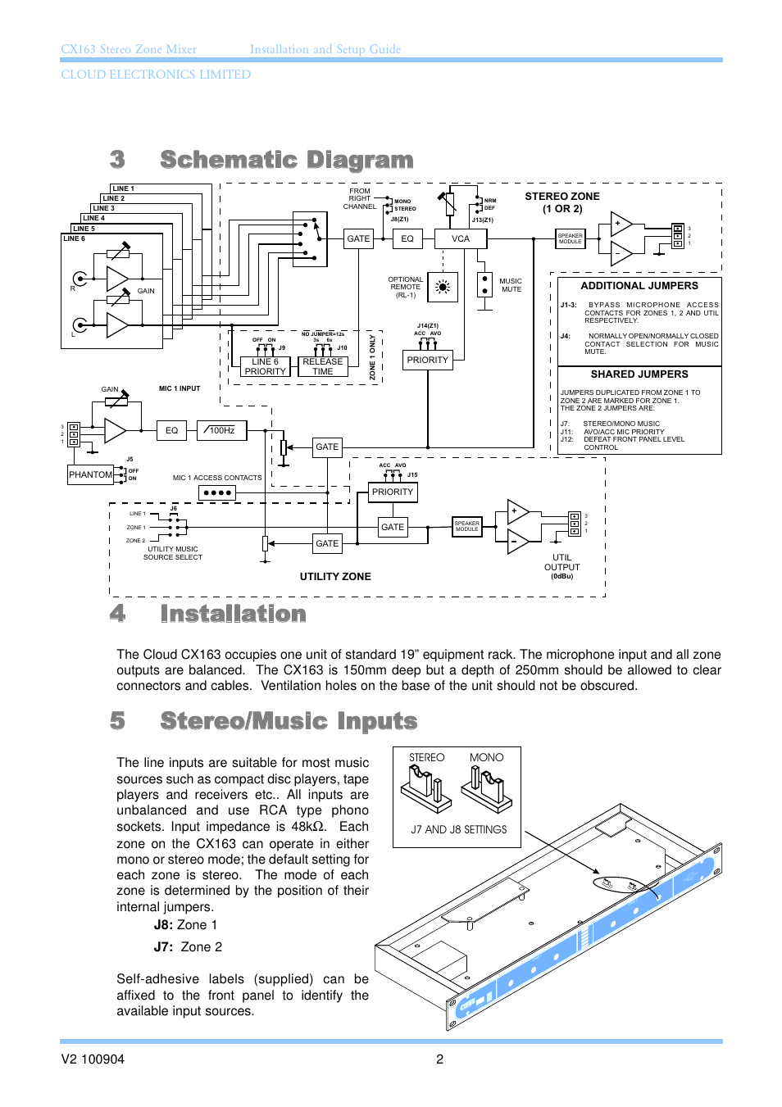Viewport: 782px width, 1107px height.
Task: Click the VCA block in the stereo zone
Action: point(461,238)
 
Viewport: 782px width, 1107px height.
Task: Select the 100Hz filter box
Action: point(221,430)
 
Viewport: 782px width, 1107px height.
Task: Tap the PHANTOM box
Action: point(90,474)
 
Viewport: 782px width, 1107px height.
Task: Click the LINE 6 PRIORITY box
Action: point(265,366)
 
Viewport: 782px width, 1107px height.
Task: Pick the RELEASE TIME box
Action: point(323,366)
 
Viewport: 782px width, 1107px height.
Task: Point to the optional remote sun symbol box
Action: point(443,287)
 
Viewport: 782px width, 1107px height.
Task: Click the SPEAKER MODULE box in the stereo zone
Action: point(571,238)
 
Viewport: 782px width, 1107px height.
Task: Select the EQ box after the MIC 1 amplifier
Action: point(171,430)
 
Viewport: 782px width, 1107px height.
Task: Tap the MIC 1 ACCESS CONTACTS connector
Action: point(217,492)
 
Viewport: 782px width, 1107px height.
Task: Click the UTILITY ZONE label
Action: point(335,577)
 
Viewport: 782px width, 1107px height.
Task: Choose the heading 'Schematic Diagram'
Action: point(286,160)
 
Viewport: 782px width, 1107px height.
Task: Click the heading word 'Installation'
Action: point(233,614)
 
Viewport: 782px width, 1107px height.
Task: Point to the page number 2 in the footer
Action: point(439,1059)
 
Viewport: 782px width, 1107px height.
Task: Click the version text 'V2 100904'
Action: point(93,1059)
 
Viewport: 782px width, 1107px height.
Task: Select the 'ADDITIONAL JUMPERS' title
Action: point(639,286)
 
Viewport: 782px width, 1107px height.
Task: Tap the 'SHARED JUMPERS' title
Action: point(639,374)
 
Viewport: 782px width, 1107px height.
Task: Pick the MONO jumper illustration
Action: point(487,786)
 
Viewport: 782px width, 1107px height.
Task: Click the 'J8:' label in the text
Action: point(163,925)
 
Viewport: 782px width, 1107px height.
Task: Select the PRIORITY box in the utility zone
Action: point(393,492)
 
